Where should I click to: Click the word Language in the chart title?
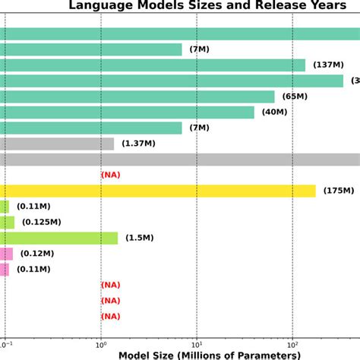click(99, 7)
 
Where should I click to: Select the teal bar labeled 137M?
click(152, 65)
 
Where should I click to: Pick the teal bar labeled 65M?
click(137, 96)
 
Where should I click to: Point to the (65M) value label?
click(295, 96)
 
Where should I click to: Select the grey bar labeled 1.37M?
click(57, 144)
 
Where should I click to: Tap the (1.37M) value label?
click(137, 144)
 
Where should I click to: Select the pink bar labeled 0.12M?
click(6, 254)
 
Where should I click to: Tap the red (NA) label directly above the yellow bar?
click(111, 175)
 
